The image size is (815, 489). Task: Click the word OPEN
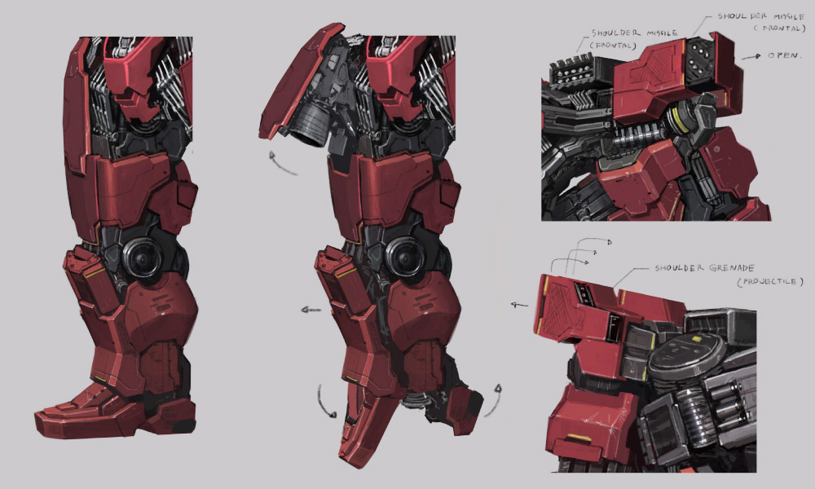tap(784, 55)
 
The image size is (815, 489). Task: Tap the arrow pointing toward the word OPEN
tap(751, 56)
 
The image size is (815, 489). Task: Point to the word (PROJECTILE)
tap(770, 282)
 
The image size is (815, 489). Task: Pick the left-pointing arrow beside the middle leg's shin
tap(311, 311)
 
